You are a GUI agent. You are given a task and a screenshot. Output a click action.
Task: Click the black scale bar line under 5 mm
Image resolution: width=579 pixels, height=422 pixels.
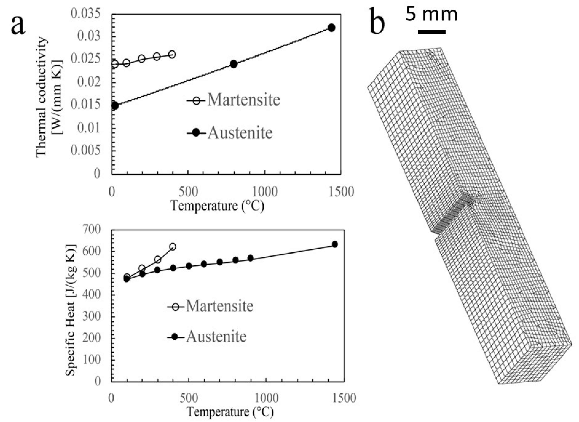432,32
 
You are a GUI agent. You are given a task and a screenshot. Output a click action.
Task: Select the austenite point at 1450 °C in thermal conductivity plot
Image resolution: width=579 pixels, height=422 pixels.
331,28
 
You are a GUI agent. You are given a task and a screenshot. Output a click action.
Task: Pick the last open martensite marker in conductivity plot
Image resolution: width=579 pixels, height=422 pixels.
172,54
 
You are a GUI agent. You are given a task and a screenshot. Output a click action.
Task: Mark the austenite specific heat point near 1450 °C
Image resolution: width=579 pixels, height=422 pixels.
335,244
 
